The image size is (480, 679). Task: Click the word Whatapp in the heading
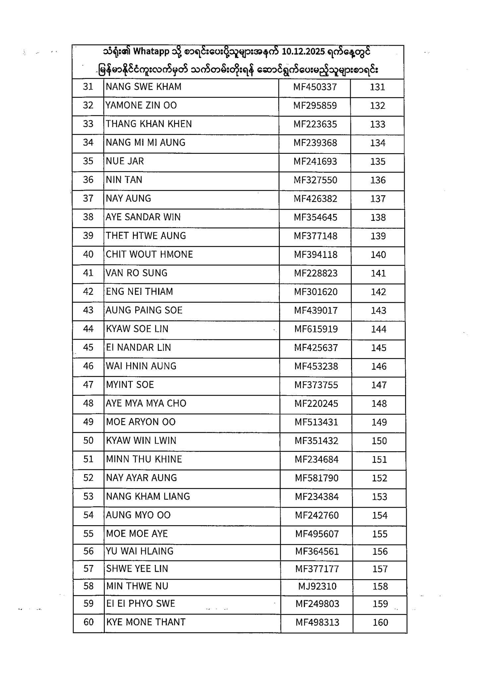tap(151, 52)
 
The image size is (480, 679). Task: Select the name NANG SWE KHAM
tap(144, 87)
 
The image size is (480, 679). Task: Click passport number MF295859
tap(315, 106)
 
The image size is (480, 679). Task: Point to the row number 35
tap(88, 161)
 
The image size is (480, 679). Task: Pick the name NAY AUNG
tap(128, 199)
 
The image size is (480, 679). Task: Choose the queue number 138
tap(378, 217)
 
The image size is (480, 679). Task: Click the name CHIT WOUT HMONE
tap(149, 255)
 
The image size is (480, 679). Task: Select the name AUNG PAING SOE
tap(144, 310)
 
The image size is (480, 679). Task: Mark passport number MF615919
tap(316, 329)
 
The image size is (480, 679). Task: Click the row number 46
tap(88, 366)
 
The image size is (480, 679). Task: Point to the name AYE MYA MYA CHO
tap(146, 403)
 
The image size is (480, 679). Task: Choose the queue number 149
tap(379, 422)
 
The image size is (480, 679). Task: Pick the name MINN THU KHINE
tap(144, 459)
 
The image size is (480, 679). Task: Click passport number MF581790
tap(317, 478)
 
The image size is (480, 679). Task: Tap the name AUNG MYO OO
tap(138, 515)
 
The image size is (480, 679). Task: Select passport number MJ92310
tap(317, 586)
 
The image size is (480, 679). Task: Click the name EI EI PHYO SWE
tap(141, 603)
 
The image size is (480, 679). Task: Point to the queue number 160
tap(380, 623)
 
